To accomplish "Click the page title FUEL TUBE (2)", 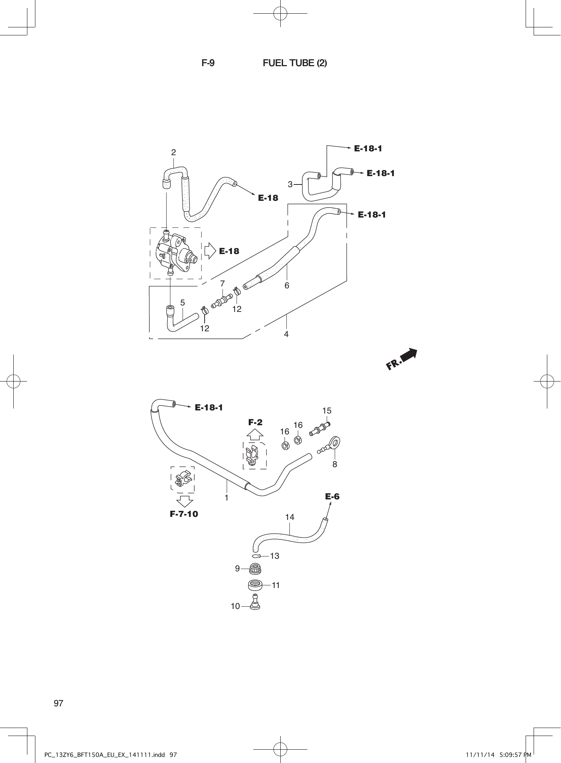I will tap(295, 63).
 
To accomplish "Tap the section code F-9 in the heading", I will tap(208, 63).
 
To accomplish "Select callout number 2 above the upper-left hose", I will tap(173, 153).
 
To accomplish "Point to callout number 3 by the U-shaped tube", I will tap(290, 185).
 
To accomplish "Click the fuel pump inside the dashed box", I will tap(175, 253).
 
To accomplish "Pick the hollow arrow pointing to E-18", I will tap(210, 251).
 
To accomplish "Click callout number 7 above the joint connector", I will tap(222, 284).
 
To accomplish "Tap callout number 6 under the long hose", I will tap(287, 285).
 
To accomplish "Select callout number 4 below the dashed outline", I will tap(286, 334).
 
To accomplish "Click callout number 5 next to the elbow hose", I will tap(183, 303).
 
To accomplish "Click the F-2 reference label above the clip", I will tap(255, 422).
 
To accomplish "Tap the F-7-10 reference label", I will tap(184, 514).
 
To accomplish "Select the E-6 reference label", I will tap(332, 496).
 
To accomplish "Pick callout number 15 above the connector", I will tap(327, 411).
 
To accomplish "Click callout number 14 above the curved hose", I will tap(289, 517).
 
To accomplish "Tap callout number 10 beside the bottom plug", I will tap(235, 606).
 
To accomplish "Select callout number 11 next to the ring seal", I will tap(276, 585).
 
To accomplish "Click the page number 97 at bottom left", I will tap(59, 703).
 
